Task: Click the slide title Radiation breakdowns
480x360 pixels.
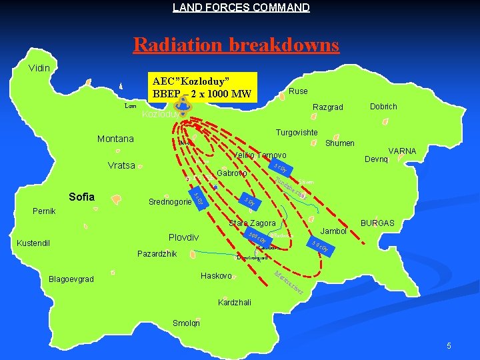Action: pyautogui.click(x=236, y=45)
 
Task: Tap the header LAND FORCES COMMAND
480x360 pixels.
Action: pyautogui.click(x=241, y=8)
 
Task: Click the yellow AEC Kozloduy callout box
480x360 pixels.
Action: pyautogui.click(x=201, y=87)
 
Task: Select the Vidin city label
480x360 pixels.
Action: pyautogui.click(x=43, y=68)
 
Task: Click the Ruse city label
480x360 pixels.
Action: pyautogui.click(x=298, y=91)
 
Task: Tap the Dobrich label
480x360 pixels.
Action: pyautogui.click(x=383, y=107)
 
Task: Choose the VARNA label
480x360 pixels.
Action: pyautogui.click(x=402, y=151)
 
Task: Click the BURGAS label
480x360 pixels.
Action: pyautogui.click(x=377, y=223)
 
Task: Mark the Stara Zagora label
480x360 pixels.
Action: pyautogui.click(x=252, y=223)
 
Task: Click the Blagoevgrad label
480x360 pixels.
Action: pyautogui.click(x=71, y=279)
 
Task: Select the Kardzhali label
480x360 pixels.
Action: pyautogui.click(x=235, y=303)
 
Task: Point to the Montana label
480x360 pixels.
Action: pyautogui.click(x=115, y=139)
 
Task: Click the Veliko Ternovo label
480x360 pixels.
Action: pyautogui.click(x=260, y=155)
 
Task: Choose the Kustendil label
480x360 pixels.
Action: pyautogui.click(x=34, y=243)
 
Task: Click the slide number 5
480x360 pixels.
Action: pyautogui.click(x=449, y=346)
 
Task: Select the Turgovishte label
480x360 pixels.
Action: pyautogui.click(x=297, y=133)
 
